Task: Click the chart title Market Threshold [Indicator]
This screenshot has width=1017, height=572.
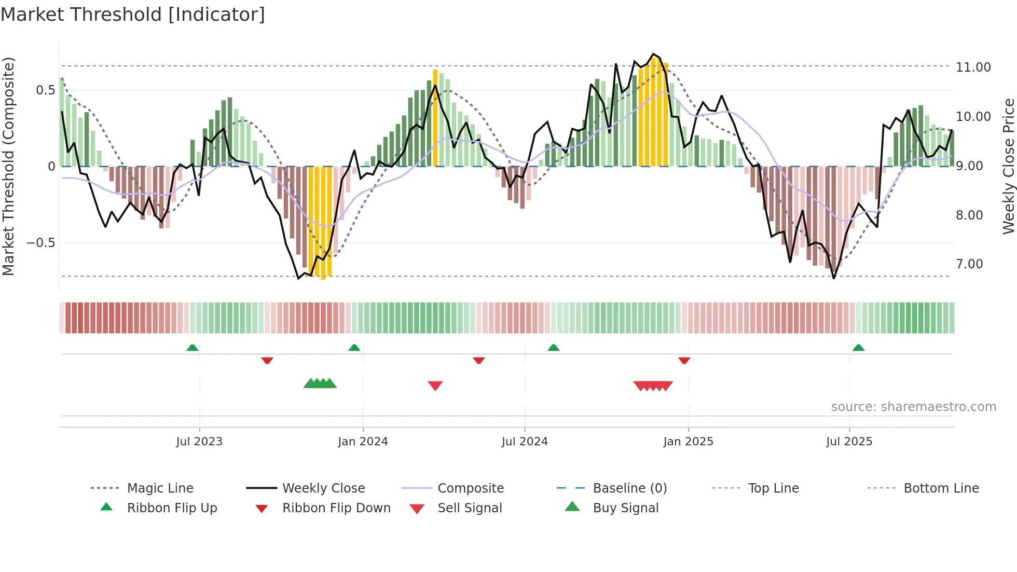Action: tap(133, 15)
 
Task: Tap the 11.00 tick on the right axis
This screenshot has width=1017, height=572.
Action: tap(973, 67)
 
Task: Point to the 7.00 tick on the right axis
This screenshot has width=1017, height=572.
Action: tap(969, 264)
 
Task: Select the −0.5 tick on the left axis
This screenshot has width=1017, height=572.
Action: tap(40, 243)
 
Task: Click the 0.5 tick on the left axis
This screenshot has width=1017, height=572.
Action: tap(45, 90)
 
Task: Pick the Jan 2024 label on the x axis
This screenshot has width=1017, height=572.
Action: tap(363, 442)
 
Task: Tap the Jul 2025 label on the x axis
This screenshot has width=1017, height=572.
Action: tap(849, 442)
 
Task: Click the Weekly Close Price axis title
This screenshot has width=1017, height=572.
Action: tap(1008, 166)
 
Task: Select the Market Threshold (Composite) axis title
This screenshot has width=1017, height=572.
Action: tap(8, 166)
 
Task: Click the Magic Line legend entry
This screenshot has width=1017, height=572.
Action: tap(160, 488)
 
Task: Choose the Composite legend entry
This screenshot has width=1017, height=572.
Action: tap(470, 488)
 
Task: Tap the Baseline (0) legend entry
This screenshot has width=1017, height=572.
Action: tap(629, 488)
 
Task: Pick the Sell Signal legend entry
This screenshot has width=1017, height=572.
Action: tap(469, 508)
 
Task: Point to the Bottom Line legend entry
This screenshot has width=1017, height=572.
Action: tap(941, 488)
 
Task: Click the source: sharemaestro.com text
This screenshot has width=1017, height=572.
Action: tap(913, 407)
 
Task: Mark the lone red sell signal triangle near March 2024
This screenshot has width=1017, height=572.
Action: tap(435, 386)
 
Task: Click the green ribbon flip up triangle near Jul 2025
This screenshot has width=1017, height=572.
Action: tap(858, 348)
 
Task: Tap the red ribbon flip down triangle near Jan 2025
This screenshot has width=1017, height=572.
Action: tap(684, 360)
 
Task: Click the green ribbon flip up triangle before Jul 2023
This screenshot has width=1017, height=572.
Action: tap(193, 348)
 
